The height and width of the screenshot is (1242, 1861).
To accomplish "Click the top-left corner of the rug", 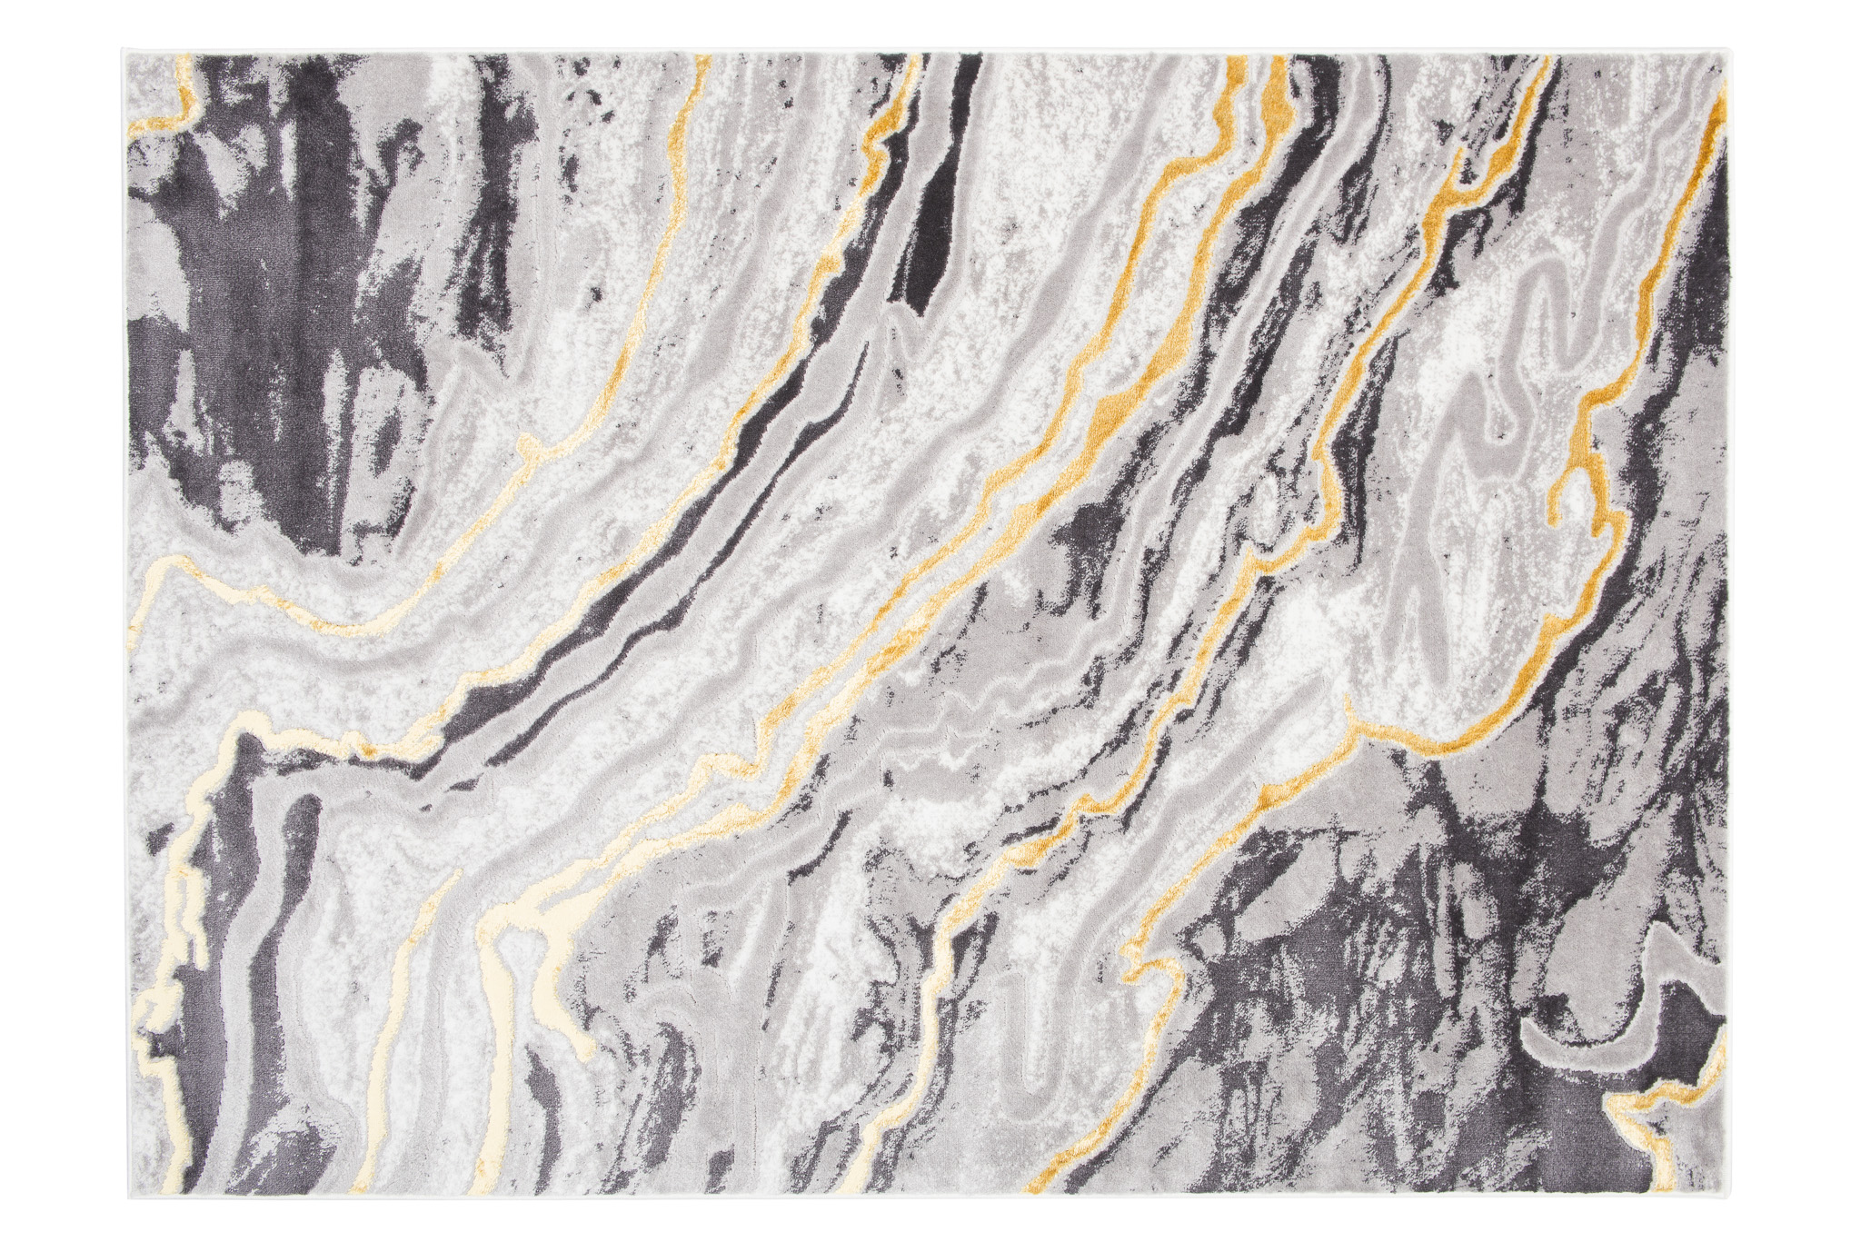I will [x=126, y=52].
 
